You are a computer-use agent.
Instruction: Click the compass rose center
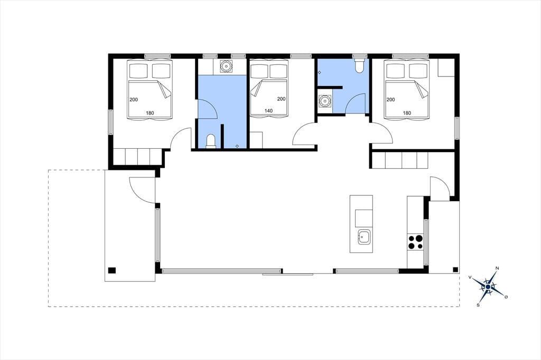coord(488,287)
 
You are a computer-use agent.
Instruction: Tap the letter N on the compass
coord(497,268)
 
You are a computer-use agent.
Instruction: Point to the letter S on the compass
coord(478,305)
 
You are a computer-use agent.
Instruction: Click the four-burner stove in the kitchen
coord(415,242)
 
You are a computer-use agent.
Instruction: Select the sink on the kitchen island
coord(364,237)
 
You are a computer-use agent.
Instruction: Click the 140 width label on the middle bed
coord(268,111)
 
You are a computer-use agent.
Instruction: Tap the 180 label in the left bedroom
coord(150,113)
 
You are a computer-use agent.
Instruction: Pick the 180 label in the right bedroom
coord(407,113)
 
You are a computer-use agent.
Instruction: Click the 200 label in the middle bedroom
coord(281,99)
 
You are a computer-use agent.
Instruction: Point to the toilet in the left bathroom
coord(210,141)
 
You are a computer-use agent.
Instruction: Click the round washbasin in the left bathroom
coord(226,66)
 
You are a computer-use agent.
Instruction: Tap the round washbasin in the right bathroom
coord(324,101)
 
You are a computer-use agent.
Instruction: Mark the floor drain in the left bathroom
coord(237,146)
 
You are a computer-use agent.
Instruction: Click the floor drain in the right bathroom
coord(320,72)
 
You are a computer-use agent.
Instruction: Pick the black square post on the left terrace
coord(112,270)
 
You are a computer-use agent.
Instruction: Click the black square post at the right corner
coord(455,270)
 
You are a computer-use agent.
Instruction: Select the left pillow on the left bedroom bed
coord(139,71)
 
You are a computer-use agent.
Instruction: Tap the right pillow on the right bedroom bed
coord(419,71)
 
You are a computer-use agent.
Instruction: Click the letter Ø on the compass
coord(506,297)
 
